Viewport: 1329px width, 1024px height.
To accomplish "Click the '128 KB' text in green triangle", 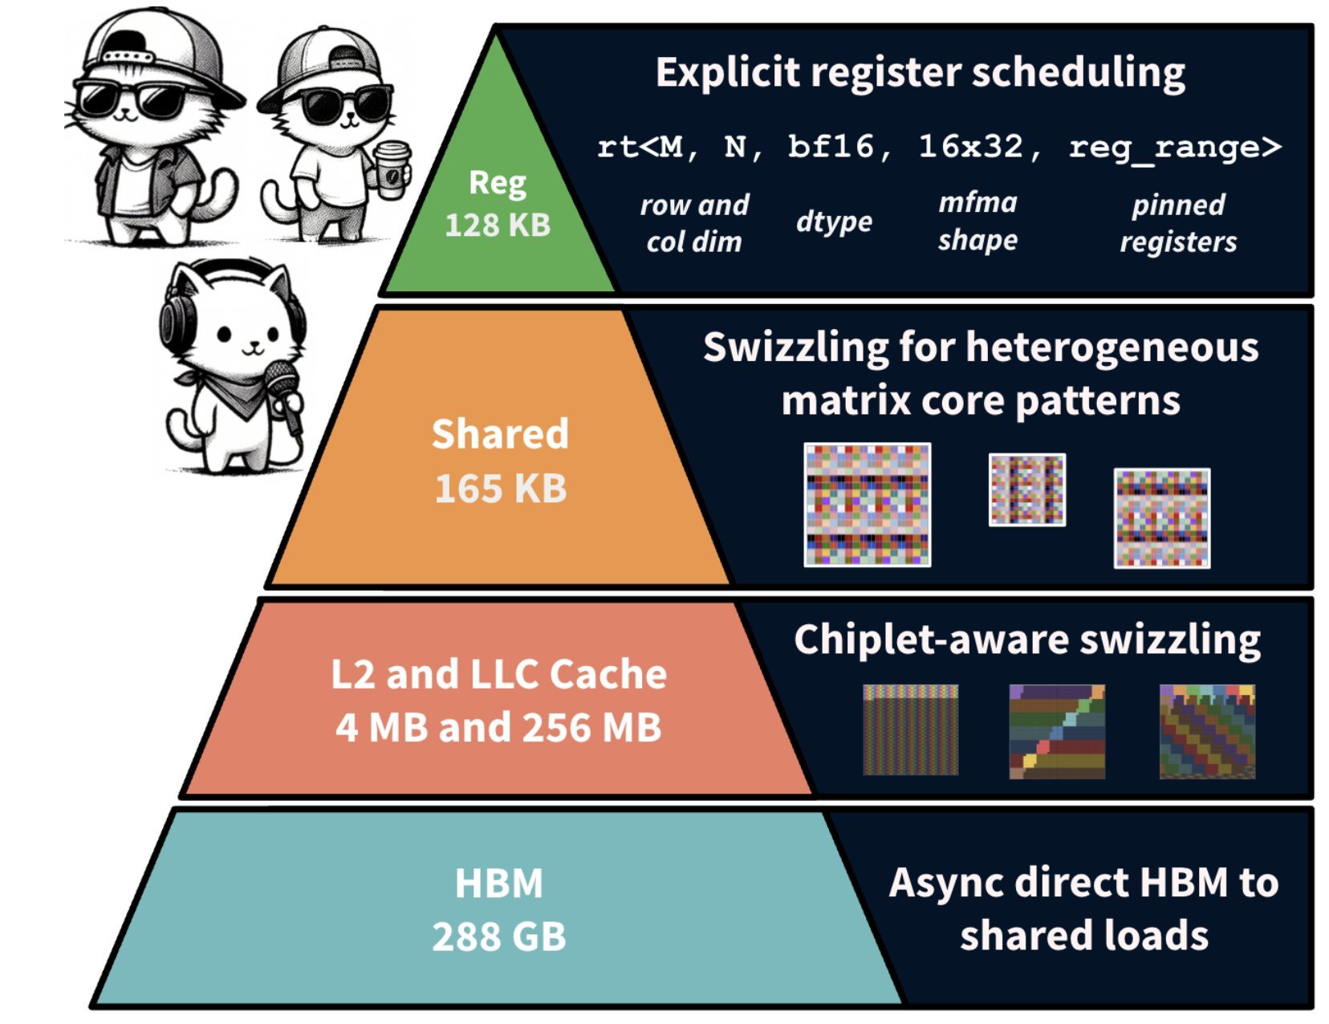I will tap(498, 226).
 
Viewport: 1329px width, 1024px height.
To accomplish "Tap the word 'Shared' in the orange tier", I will tap(500, 434).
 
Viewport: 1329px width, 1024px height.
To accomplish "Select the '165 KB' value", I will tap(500, 489).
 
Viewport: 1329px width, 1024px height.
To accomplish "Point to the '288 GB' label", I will tap(498, 937).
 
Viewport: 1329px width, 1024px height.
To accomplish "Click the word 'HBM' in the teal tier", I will tap(498, 884).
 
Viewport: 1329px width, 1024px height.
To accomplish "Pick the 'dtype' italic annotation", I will tap(834, 221).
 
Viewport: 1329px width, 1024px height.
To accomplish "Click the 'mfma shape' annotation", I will tap(977, 221).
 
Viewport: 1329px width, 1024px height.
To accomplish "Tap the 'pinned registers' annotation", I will tap(1178, 223).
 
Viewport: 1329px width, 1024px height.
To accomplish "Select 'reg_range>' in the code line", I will tap(1175, 148).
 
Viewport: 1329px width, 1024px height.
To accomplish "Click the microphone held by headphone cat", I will tap(282, 385).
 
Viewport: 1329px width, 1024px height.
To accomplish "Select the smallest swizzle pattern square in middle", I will tap(1026, 490).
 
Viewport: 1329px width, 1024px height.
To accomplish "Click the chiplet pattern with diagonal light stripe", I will tap(1056, 731).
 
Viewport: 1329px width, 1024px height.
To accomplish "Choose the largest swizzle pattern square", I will tap(868, 505).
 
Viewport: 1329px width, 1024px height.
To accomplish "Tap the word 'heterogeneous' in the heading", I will tap(1112, 348).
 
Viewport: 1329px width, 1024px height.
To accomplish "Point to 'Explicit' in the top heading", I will tap(727, 73).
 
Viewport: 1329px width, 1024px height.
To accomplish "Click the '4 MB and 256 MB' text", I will tap(498, 728).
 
